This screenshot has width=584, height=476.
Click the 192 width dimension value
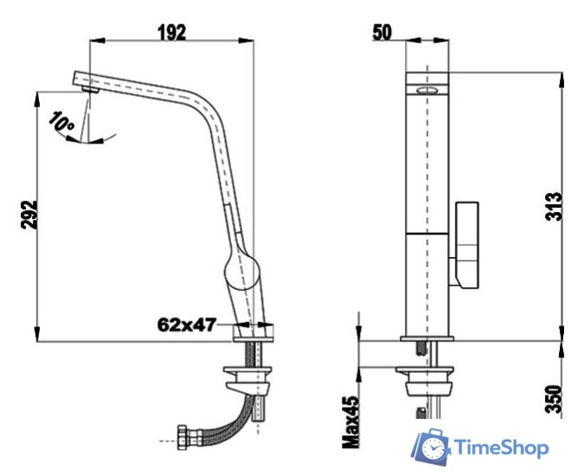pos(171,32)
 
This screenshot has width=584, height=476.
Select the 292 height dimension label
pos(29,215)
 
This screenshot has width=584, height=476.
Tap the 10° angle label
pos(61,121)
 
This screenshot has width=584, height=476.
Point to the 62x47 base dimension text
pos(187,325)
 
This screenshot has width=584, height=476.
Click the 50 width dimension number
pos(382,32)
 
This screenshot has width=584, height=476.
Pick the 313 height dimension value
pos(554,206)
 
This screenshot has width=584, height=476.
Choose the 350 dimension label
pos(554,399)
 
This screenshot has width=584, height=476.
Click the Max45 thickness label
pos(351,421)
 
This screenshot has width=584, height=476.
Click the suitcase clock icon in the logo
pos(431,447)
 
